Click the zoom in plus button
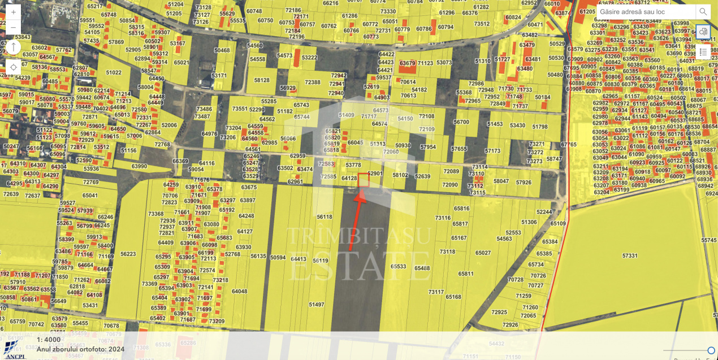14,12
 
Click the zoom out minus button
14,27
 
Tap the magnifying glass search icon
703,12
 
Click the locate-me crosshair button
14,67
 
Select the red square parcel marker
364,180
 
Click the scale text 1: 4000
49,340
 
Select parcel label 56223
128,254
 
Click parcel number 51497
317,305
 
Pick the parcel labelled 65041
90,195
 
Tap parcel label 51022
114,72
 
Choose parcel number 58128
262,80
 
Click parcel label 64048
239,292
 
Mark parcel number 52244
544,212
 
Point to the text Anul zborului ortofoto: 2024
80,349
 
